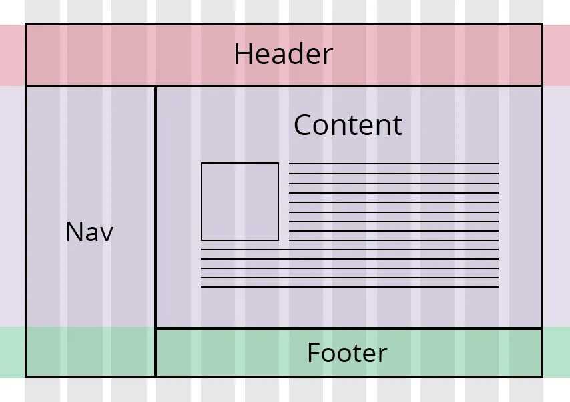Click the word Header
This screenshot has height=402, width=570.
[x=283, y=55]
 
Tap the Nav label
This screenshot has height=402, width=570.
[x=89, y=232]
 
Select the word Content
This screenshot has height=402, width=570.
[x=348, y=125]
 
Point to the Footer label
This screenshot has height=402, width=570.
[x=347, y=353]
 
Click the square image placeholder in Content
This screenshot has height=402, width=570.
[x=240, y=201]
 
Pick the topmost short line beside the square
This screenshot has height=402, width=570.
[x=394, y=164]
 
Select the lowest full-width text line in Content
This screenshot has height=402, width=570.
[x=350, y=287]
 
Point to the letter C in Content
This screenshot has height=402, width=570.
[x=304, y=126]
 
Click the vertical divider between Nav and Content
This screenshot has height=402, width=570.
[x=156, y=207]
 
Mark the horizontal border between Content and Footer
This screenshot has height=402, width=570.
[x=348, y=328]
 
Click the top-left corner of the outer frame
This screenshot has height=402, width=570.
[x=26, y=25]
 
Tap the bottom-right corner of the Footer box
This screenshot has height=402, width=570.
[x=542, y=376]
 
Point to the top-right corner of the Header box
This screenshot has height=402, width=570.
[x=542, y=25]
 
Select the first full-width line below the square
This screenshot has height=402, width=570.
[x=350, y=250]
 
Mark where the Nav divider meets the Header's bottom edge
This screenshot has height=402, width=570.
[x=156, y=86]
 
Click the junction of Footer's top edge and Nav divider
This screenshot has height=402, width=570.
[x=156, y=328]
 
